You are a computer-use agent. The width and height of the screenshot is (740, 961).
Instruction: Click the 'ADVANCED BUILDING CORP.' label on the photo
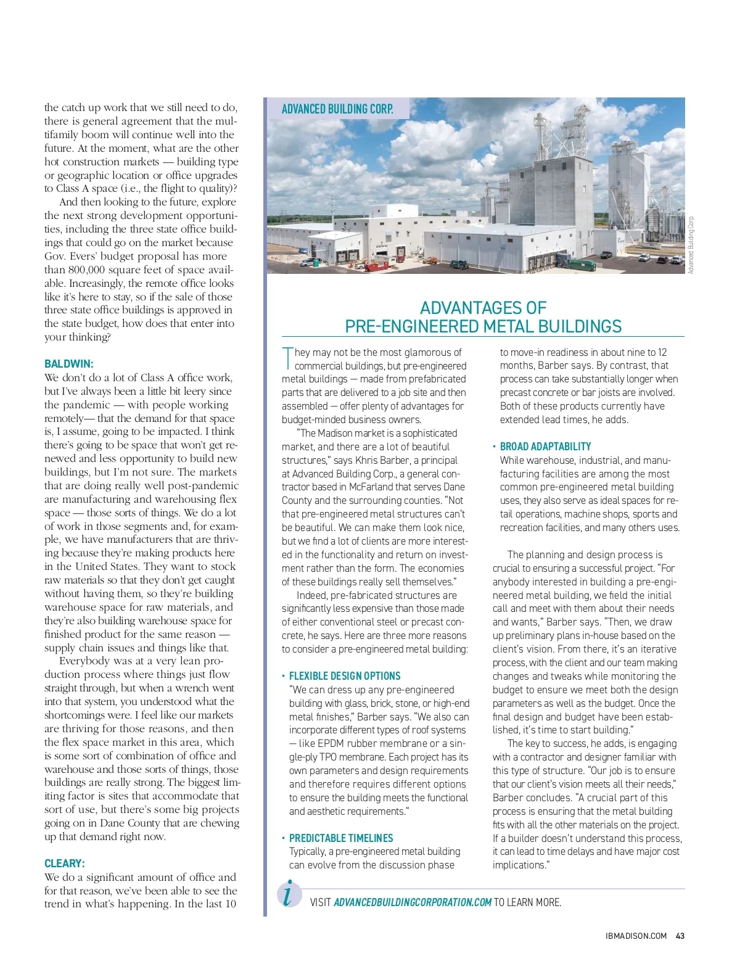click(337, 109)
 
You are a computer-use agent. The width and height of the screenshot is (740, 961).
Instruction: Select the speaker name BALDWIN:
click(69, 364)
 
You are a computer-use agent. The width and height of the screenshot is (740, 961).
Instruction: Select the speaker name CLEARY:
click(65, 864)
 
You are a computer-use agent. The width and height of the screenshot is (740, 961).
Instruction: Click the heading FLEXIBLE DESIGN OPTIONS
click(345, 676)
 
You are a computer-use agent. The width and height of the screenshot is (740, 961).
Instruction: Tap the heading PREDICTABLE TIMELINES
click(341, 838)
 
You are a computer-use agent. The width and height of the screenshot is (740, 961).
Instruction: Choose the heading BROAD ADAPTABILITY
click(545, 447)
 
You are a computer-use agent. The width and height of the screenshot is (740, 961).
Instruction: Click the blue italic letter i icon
click(289, 894)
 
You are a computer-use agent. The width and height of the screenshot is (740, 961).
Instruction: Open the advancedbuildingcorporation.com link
click(413, 902)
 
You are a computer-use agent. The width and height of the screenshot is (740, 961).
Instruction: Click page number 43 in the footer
click(680, 936)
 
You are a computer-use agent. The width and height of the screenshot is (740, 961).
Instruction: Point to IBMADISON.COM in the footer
click(636, 936)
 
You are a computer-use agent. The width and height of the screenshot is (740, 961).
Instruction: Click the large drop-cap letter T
click(287, 357)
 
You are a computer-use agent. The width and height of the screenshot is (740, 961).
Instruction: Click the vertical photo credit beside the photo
click(691, 245)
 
